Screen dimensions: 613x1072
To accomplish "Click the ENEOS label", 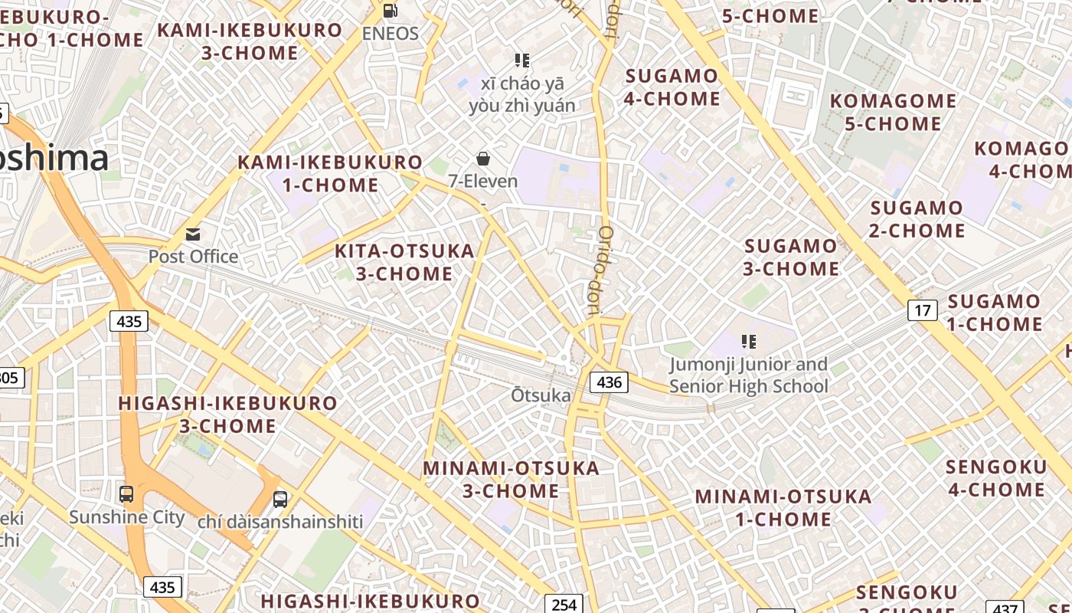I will point(391,34).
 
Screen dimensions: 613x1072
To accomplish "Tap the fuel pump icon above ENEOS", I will point(390,11).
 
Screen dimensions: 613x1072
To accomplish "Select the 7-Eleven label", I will point(483,182).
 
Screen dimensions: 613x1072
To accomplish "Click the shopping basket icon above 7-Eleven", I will point(483,159).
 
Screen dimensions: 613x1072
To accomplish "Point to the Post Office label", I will point(193,257).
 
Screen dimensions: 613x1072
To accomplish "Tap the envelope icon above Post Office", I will point(193,234).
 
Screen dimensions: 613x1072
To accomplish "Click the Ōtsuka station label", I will point(541,395).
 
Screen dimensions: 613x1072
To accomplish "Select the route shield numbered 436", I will point(609,382).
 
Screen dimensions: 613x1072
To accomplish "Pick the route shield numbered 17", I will point(923,310).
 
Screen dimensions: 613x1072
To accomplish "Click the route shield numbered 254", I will point(564,605).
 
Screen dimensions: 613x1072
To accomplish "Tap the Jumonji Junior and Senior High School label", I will point(749,375).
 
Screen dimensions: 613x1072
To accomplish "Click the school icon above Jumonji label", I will point(748,342).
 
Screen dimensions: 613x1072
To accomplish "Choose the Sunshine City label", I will point(127,517).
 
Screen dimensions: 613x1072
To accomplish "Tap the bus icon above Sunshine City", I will point(126,494).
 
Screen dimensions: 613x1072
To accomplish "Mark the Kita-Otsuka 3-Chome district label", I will point(404,262).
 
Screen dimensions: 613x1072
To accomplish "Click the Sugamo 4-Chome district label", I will point(672,87).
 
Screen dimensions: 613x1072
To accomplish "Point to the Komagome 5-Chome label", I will point(893,112).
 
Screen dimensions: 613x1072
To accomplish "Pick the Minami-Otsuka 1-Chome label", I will point(783,507).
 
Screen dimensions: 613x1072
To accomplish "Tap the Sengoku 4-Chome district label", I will point(996,478).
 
